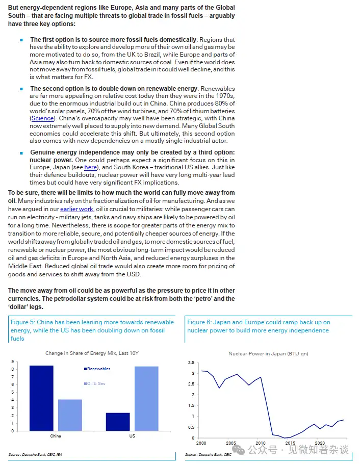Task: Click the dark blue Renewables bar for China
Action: point(41,398)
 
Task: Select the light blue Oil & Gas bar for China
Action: point(70,415)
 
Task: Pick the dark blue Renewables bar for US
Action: point(118,422)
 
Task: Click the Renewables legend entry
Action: point(98,369)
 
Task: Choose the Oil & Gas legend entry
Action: point(96,383)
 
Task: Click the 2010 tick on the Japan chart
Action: point(261,443)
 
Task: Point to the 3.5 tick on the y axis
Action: point(192,363)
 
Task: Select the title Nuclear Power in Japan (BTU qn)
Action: point(268,353)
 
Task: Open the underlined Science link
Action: point(42,118)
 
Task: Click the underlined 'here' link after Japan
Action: point(90,167)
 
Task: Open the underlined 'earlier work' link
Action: point(76,209)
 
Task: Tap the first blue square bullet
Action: point(21,40)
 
